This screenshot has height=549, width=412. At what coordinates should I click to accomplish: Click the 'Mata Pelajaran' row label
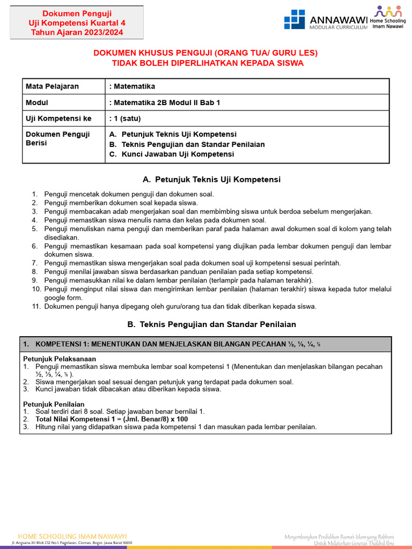[52, 86]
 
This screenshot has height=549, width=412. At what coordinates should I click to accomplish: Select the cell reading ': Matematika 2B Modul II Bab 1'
[164, 102]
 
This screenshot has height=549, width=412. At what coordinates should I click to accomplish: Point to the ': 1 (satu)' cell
[126, 118]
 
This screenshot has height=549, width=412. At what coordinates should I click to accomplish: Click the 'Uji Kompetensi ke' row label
[58, 118]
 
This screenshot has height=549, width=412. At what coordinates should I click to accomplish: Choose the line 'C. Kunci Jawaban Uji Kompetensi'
[171, 154]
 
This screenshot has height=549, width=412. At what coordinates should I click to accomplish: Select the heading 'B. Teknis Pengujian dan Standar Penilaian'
[211, 324]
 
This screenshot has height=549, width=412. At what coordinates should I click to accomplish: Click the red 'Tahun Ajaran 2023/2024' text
[77, 32]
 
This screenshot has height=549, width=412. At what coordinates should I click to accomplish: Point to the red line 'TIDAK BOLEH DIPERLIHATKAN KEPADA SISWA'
[208, 63]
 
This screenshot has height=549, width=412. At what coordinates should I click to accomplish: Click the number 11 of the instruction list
[36, 307]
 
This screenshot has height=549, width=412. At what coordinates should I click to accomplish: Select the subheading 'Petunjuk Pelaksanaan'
[60, 359]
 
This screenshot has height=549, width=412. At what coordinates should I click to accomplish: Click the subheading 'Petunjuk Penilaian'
[54, 404]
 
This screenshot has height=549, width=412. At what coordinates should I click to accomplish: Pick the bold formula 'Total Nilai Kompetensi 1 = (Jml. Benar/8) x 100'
[112, 419]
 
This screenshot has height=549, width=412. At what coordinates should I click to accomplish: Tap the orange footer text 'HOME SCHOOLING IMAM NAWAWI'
[72, 536]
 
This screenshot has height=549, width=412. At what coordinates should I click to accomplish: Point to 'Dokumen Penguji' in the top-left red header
[77, 13]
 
